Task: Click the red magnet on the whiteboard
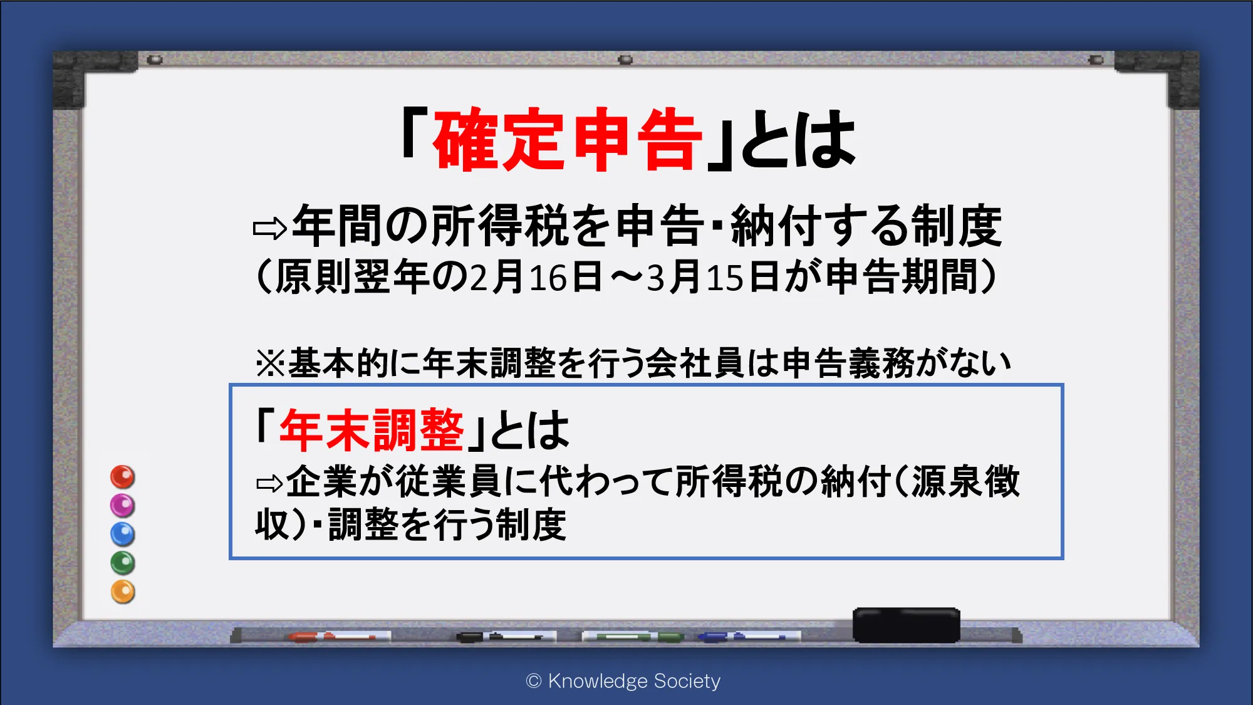pos(123,477)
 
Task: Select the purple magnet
pos(123,505)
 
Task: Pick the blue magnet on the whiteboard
pos(123,534)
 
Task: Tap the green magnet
pos(123,563)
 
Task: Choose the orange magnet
pos(123,592)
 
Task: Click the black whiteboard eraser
pos(907,624)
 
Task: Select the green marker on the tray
pos(633,637)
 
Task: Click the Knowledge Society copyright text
pos(623,681)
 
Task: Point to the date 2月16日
pos(536,277)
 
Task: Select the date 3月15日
pos(713,277)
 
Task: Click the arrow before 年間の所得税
pos(270,229)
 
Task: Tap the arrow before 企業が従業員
pos(270,483)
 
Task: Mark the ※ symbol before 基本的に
pos(271,363)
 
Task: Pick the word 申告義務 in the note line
pos(849,363)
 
